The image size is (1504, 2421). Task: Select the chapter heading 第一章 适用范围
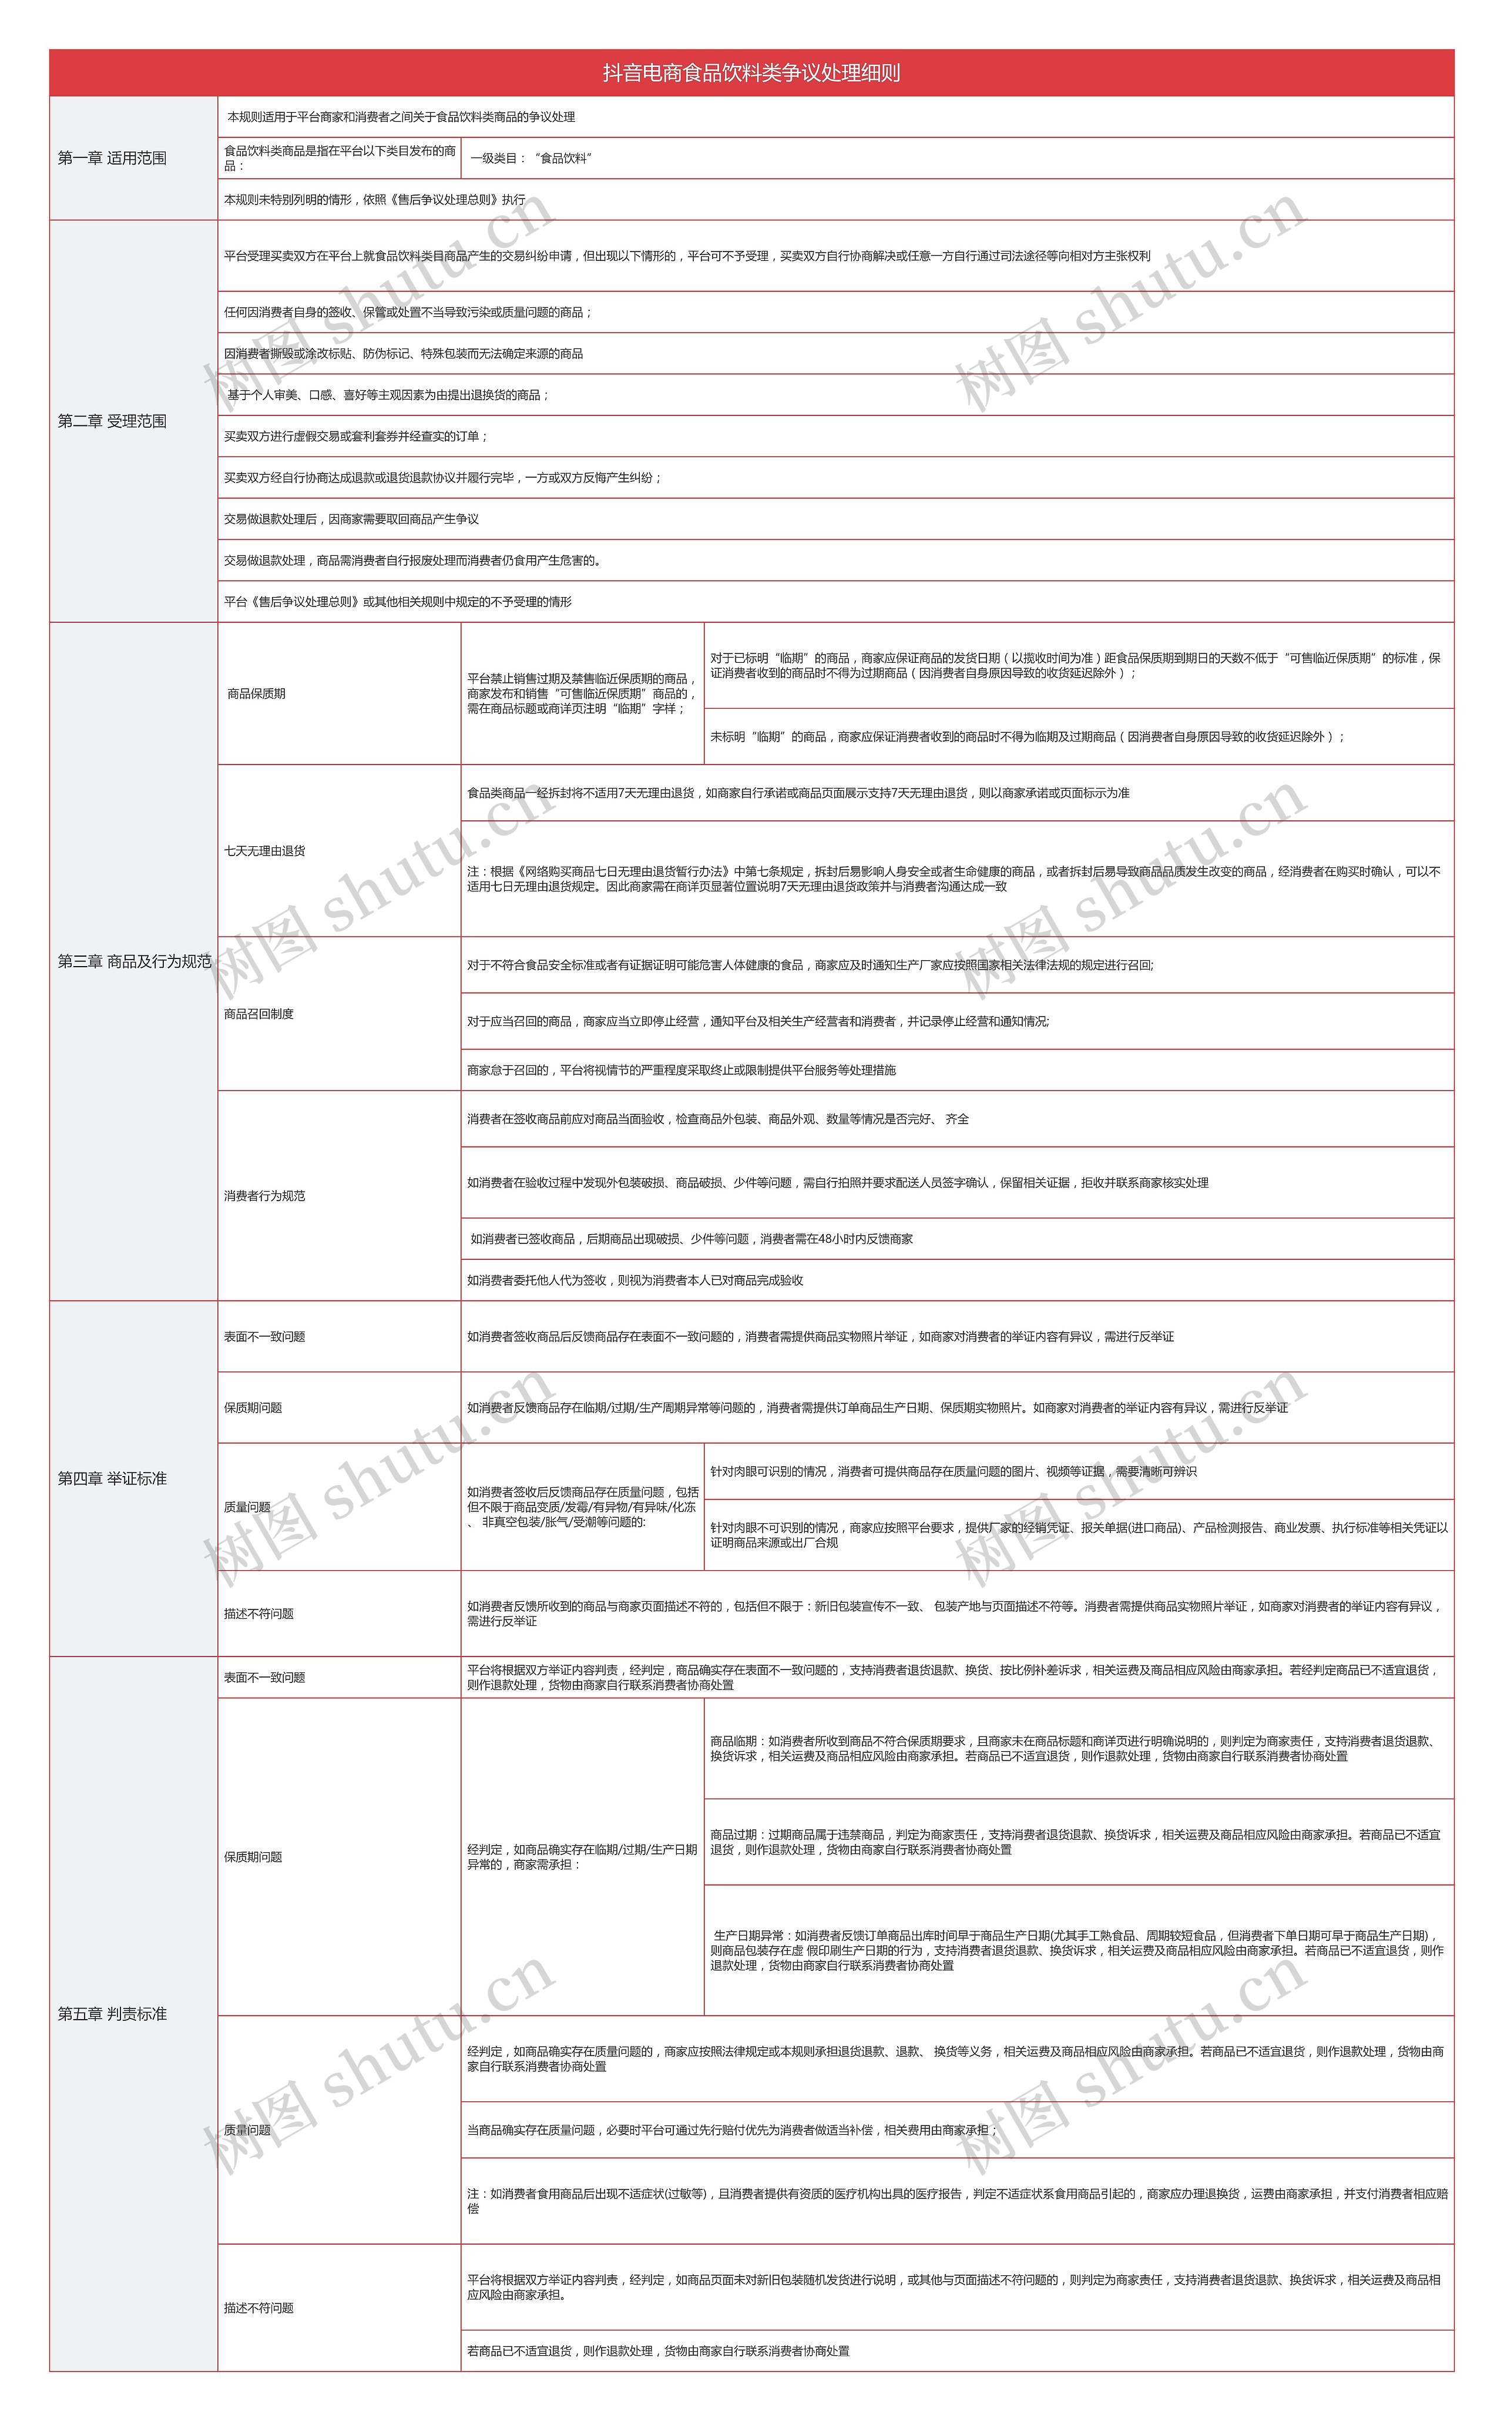112,158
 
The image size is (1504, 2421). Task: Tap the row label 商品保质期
257,694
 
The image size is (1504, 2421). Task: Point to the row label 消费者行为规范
264,1196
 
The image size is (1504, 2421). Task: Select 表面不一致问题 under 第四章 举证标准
264,1337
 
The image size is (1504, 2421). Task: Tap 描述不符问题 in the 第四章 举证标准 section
258,1614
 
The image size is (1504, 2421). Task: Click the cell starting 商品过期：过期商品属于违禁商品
1075,1842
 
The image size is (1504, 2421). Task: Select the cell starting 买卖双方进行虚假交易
356,437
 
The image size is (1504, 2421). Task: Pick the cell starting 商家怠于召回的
681,1070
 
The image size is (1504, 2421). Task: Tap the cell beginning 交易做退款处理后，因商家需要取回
351,519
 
